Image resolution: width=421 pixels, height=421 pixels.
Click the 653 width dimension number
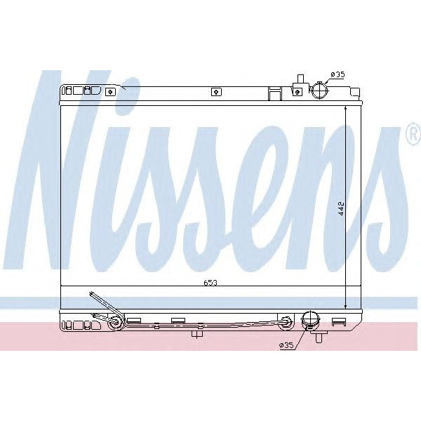[211, 283]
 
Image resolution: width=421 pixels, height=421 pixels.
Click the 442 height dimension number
[341, 208]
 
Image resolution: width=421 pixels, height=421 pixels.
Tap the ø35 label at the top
[338, 74]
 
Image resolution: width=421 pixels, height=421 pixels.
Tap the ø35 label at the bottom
[286, 345]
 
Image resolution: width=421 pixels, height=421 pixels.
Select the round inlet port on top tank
[319, 91]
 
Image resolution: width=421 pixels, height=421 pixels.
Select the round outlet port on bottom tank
[309, 322]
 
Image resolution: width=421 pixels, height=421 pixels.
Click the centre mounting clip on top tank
[216, 91]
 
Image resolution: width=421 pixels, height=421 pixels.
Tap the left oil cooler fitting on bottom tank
[115, 322]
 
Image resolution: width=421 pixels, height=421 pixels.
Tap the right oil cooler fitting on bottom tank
[286, 322]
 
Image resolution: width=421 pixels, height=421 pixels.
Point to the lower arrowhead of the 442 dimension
[346, 306]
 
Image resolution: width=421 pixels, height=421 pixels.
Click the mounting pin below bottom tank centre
[197, 334]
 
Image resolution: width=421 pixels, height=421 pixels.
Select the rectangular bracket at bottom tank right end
[339, 321]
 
